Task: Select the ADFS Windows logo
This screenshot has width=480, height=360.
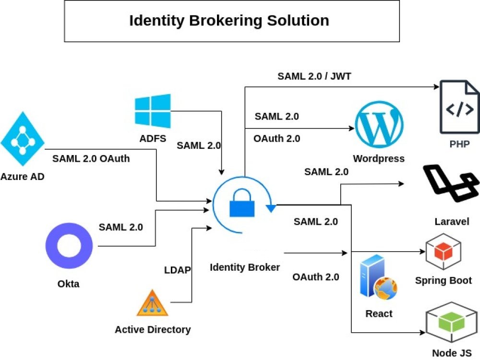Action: point(153,111)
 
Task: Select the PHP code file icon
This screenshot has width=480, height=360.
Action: point(459,107)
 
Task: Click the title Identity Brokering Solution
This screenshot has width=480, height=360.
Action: point(229,21)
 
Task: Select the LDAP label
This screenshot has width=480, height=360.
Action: point(178,270)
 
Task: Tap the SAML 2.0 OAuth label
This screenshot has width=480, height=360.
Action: point(91,158)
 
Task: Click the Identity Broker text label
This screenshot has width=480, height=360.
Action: point(245,267)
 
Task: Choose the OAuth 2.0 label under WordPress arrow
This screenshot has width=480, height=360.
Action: point(277,139)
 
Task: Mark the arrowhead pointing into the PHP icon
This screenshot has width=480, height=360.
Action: point(437,87)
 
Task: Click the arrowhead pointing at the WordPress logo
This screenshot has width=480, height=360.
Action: point(351,129)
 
